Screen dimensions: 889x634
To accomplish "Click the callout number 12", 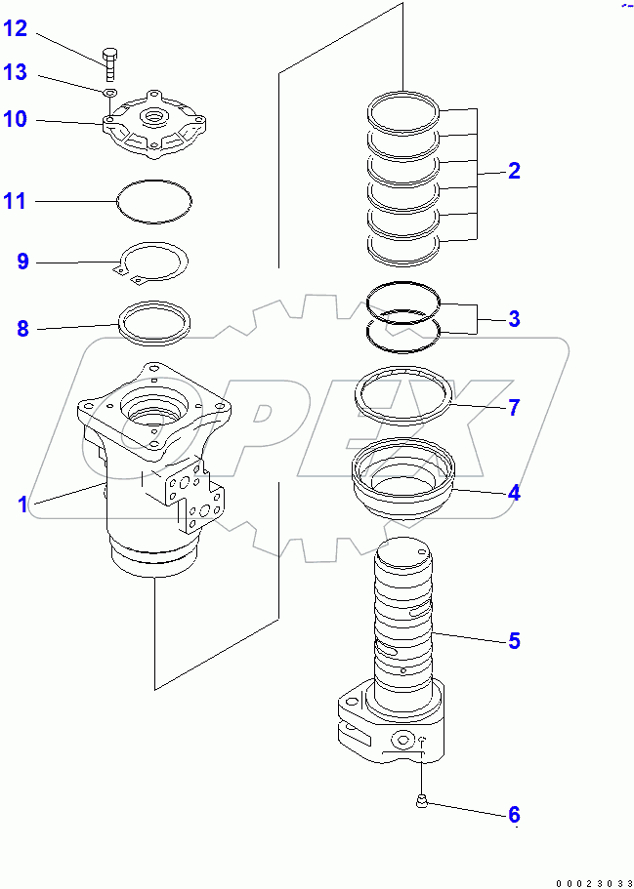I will (x=16, y=28).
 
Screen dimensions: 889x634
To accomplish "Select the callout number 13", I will (x=16, y=73).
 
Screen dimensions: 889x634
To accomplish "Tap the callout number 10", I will (x=16, y=119).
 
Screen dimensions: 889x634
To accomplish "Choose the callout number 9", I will (x=22, y=261).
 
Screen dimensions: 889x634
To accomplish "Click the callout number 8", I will (x=22, y=328).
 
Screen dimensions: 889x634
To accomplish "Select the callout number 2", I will (x=514, y=171).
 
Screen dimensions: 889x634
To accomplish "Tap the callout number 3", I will (x=514, y=318).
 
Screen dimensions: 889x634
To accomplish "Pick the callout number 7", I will (x=514, y=407).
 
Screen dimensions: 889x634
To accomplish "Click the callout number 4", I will (x=514, y=492).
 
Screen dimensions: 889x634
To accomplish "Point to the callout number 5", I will (x=514, y=641).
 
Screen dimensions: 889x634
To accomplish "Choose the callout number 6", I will (x=514, y=814).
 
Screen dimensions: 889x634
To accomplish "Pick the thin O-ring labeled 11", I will (x=154, y=202).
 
